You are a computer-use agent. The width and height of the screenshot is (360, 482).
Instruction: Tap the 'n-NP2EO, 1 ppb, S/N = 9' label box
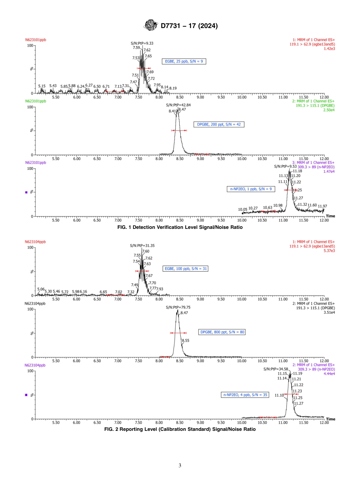pos(250,189)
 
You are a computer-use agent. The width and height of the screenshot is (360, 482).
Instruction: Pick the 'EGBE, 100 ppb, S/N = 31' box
pos(186,269)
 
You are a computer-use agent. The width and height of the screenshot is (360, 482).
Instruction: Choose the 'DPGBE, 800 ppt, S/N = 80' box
pos(222,332)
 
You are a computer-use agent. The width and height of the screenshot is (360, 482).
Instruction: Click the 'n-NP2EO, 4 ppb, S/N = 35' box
pos(245,395)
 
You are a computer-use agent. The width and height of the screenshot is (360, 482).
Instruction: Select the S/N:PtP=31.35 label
pos(142,246)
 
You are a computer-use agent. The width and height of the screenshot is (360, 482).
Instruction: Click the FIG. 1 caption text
pos(180,227)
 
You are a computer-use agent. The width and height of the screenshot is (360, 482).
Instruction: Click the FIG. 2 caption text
pos(180,430)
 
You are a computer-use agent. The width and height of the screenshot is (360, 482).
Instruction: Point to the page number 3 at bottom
pos(180,465)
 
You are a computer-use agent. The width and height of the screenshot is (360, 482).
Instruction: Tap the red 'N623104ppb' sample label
pos(35,242)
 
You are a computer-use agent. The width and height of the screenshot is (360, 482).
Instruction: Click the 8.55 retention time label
pos(185,341)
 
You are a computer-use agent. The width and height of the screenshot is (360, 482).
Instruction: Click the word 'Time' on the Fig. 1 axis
pos(330,216)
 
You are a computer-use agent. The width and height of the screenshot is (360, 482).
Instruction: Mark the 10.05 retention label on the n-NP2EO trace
pos(243,210)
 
